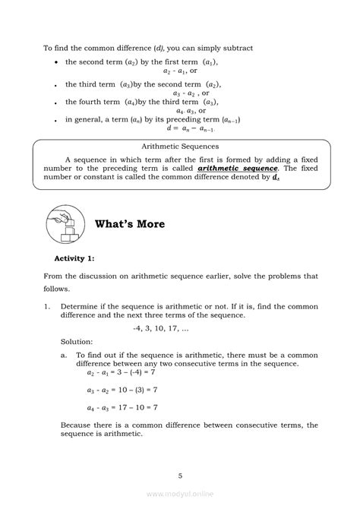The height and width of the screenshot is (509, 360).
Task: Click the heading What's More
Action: click(x=129, y=224)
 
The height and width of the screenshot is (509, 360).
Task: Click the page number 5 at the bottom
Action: click(x=180, y=476)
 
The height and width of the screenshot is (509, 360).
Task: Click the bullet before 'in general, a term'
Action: click(x=58, y=119)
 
